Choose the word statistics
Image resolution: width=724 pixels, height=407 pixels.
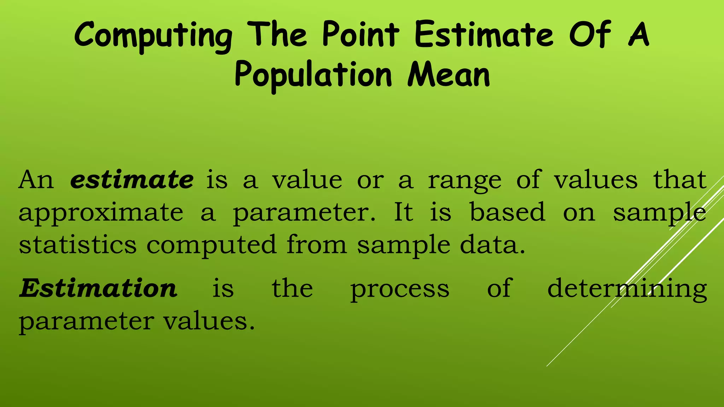tap(78, 244)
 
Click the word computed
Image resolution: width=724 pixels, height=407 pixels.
tap(211, 245)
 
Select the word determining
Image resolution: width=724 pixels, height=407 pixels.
tap(627, 289)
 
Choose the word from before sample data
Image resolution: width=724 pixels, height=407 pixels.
tap(316, 244)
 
